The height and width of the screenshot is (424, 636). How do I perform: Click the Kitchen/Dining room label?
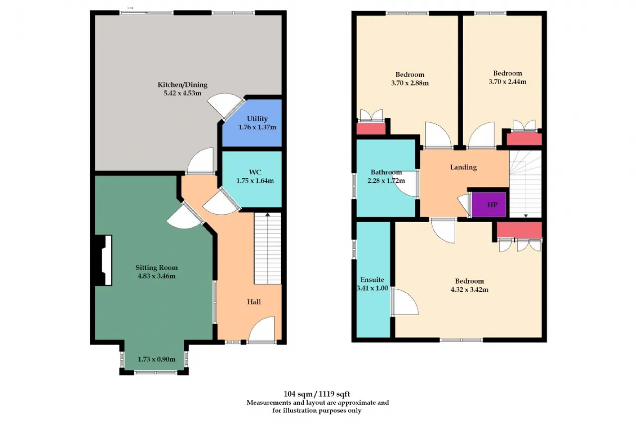pyautogui.click(x=182, y=85)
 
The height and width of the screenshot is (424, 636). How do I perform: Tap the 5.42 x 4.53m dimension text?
pyautogui.click(x=182, y=93)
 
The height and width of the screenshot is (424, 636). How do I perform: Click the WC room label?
pyautogui.click(x=255, y=172)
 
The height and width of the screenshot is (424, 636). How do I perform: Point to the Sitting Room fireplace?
pyautogui.click(x=103, y=260)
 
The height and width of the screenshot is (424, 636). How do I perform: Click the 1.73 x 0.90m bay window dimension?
pyautogui.click(x=157, y=359)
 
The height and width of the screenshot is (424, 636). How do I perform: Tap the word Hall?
pyautogui.click(x=254, y=302)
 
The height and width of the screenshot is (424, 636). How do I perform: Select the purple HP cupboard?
pyautogui.click(x=489, y=204)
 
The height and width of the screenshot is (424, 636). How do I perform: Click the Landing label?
pyautogui.click(x=464, y=168)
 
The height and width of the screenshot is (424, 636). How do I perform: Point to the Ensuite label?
pyautogui.click(x=372, y=279)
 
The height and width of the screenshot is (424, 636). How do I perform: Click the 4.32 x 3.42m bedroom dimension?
pyautogui.click(x=470, y=290)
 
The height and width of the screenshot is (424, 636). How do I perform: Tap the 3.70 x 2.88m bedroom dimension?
pyautogui.click(x=410, y=83)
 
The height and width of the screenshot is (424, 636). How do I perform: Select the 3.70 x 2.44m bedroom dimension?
pyautogui.click(x=507, y=82)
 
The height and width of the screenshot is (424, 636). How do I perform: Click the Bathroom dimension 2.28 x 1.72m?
pyautogui.click(x=386, y=180)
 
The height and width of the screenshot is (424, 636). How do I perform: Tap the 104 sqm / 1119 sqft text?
pyautogui.click(x=317, y=394)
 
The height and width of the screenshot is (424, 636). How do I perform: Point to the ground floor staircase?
pyautogui.click(x=268, y=249)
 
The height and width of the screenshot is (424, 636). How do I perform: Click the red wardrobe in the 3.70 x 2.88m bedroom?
pyautogui.click(x=371, y=128)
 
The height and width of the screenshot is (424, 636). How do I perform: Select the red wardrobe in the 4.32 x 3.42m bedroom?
pyautogui.click(x=519, y=230)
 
